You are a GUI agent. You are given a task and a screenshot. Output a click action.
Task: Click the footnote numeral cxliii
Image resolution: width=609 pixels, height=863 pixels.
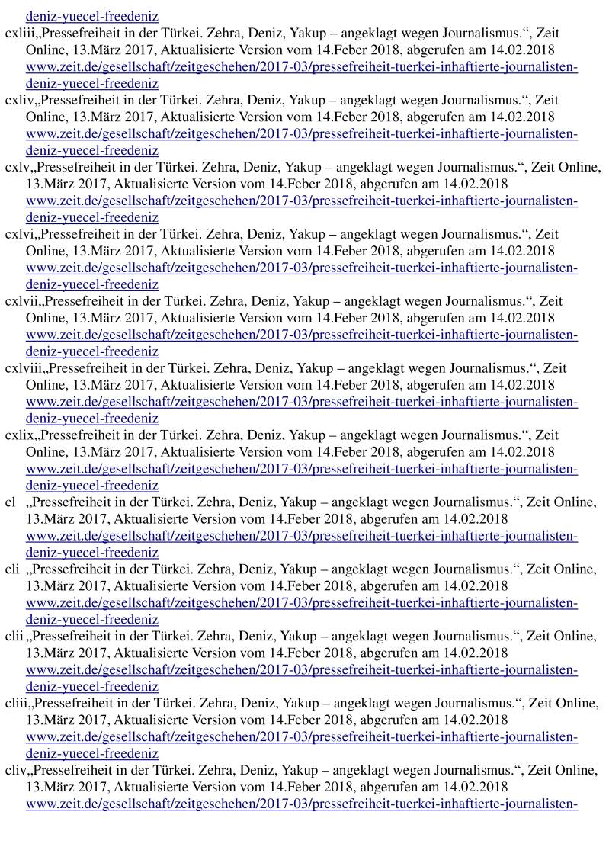click(x=16, y=33)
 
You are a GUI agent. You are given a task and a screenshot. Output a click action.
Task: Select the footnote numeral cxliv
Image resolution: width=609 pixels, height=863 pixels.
click(x=15, y=100)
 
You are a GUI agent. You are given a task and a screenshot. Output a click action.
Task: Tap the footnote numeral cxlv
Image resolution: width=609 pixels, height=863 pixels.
click(x=14, y=167)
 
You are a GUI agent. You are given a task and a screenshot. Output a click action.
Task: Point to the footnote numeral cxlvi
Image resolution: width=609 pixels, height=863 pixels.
click(x=15, y=234)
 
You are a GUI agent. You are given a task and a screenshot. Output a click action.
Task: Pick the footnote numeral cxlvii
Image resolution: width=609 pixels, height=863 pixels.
click(x=18, y=301)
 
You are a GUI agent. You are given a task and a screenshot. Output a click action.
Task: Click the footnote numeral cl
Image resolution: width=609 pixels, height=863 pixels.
click(x=10, y=502)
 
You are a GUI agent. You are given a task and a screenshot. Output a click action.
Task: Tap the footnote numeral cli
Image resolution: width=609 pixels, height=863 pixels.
click(x=11, y=569)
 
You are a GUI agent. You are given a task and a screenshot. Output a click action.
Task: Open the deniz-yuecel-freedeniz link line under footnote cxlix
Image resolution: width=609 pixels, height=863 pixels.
click(x=91, y=486)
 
